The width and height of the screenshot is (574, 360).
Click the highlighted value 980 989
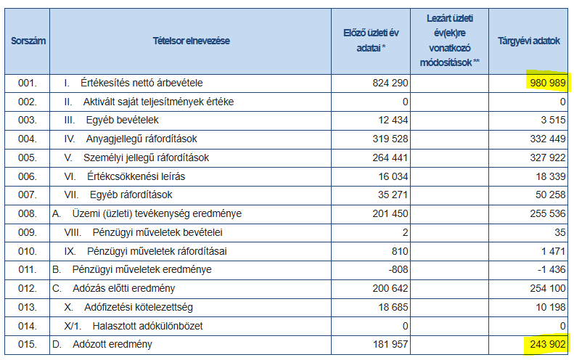pyautogui.click(x=548, y=83)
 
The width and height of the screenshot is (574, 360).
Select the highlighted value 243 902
pyautogui.click(x=548, y=344)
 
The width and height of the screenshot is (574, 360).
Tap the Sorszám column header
pyautogui.click(x=28, y=41)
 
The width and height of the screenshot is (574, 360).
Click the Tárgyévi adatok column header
pyautogui.click(x=528, y=41)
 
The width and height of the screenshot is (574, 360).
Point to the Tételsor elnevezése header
pyautogui.click(x=191, y=41)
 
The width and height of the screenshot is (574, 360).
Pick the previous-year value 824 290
pyautogui.click(x=390, y=83)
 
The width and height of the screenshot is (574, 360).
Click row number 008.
pyautogui.click(x=28, y=213)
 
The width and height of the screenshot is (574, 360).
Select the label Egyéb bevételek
pyautogui.click(x=122, y=120)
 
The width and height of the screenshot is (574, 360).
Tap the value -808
pyautogui.click(x=398, y=269)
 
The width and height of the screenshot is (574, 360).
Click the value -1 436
pyautogui.click(x=552, y=269)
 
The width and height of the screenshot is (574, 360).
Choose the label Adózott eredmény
pyautogui.click(x=112, y=344)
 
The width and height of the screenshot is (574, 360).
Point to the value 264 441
pyautogui.click(x=390, y=157)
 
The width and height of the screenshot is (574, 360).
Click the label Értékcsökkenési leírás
pyautogui.click(x=136, y=176)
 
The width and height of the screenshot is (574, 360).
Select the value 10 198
pyautogui.click(x=551, y=307)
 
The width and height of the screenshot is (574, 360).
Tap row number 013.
pyautogui.click(x=28, y=307)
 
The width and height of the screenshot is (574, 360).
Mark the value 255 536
pyautogui.click(x=548, y=213)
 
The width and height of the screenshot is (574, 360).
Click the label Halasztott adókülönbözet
pyautogui.click(x=147, y=326)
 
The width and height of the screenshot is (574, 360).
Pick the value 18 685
pyautogui.click(x=393, y=307)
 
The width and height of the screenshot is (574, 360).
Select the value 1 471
pyautogui.click(x=554, y=251)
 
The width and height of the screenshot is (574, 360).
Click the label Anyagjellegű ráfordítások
pyautogui.click(x=142, y=139)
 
